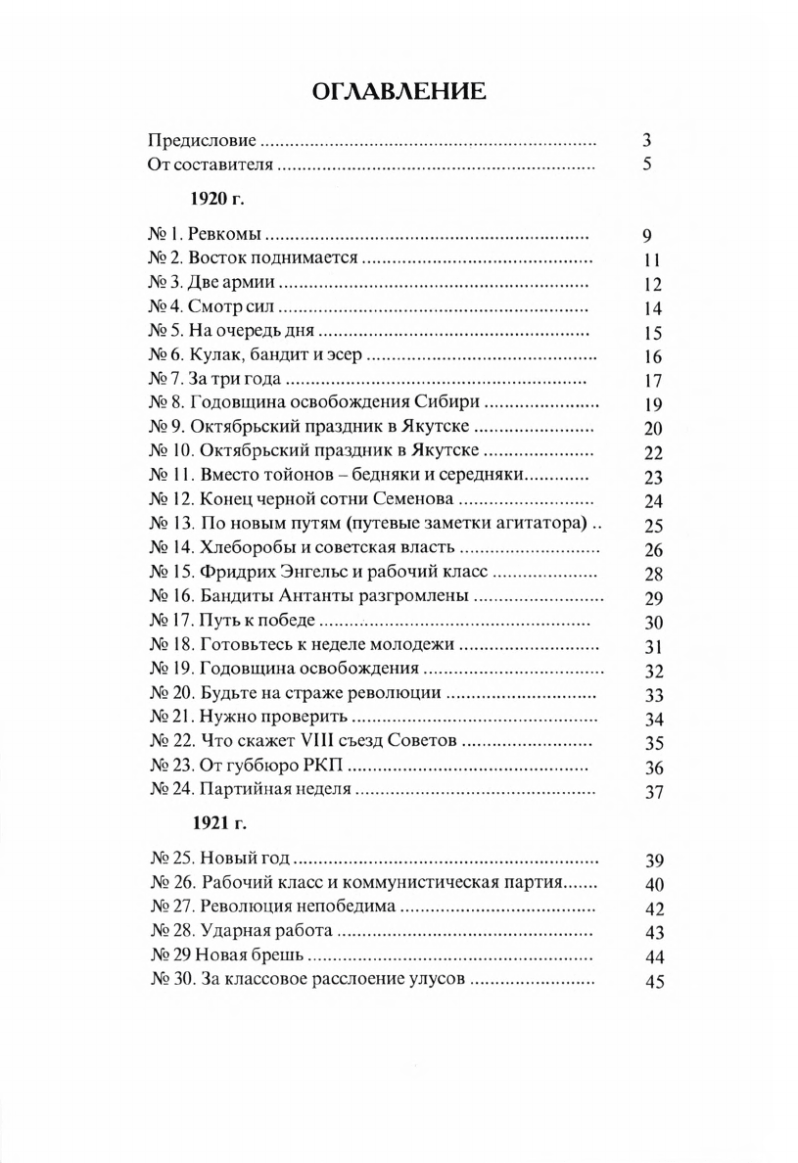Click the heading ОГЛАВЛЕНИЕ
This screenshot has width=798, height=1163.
click(398, 93)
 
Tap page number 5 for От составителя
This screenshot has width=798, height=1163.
click(647, 164)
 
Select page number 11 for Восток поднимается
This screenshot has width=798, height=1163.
click(654, 260)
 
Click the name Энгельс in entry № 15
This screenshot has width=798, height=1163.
click(312, 573)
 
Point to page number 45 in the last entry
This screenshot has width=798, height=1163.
click(655, 982)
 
